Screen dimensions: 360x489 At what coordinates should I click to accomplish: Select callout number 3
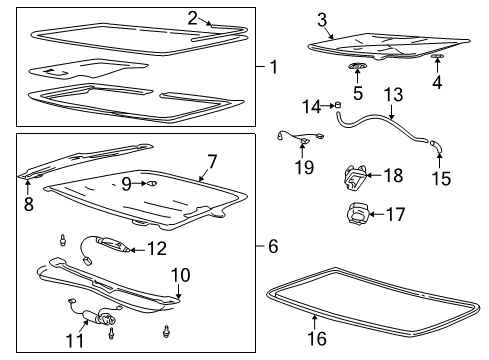(322, 19)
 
